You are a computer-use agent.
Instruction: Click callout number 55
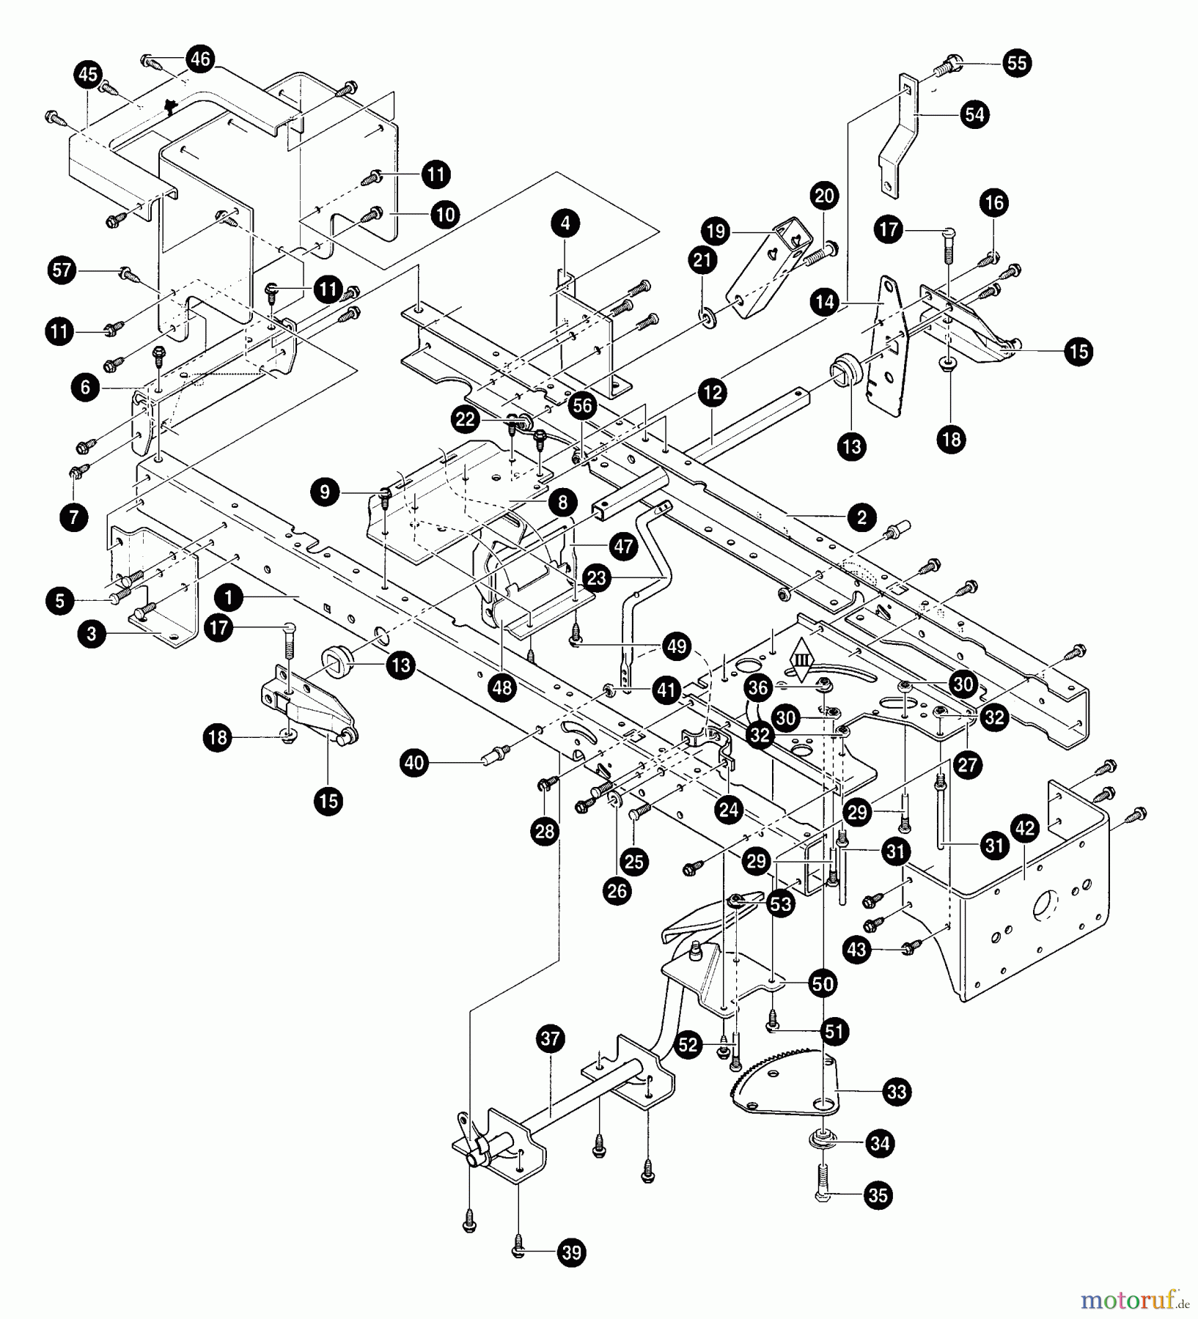(x=1017, y=63)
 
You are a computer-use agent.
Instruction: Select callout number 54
(x=974, y=115)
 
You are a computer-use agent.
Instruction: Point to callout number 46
(x=200, y=59)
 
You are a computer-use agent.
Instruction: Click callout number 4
(x=565, y=223)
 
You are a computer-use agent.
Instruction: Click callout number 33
(x=898, y=1092)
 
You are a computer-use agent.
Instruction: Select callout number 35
(x=878, y=1195)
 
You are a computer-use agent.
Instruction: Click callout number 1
(x=229, y=599)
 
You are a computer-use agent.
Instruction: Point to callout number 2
(x=861, y=517)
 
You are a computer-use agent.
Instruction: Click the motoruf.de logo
(x=1133, y=1299)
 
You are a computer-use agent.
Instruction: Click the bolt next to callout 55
(x=948, y=67)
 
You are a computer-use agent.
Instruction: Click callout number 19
(x=716, y=232)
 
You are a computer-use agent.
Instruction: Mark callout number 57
(x=62, y=270)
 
